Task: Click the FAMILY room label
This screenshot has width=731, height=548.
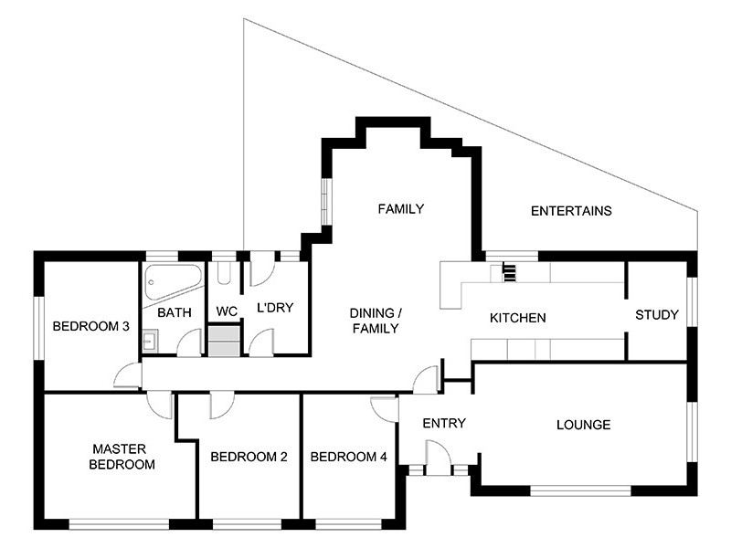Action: pos(401,209)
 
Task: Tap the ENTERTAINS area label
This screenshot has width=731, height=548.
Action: pos(571,211)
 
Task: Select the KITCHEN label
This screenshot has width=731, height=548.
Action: pos(518,318)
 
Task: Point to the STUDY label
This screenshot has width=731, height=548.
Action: pos(657,315)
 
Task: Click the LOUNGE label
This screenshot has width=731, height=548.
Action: pos(583,425)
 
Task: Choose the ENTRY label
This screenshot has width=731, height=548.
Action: pos(445,423)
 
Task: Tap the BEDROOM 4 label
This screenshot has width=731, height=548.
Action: pos(348,457)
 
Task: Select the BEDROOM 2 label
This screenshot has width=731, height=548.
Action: pos(249,457)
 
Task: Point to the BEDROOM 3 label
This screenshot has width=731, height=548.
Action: pos(90,326)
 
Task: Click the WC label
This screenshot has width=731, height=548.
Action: pos(227,311)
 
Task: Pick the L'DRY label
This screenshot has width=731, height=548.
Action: pos(274,308)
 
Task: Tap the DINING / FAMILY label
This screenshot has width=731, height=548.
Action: pos(375,321)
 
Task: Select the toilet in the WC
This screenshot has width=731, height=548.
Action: pos(225,276)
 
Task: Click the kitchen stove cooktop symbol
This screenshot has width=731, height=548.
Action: pos(509,271)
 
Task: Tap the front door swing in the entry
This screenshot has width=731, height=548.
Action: pos(438,454)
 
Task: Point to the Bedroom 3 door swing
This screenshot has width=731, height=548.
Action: pos(129,375)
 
